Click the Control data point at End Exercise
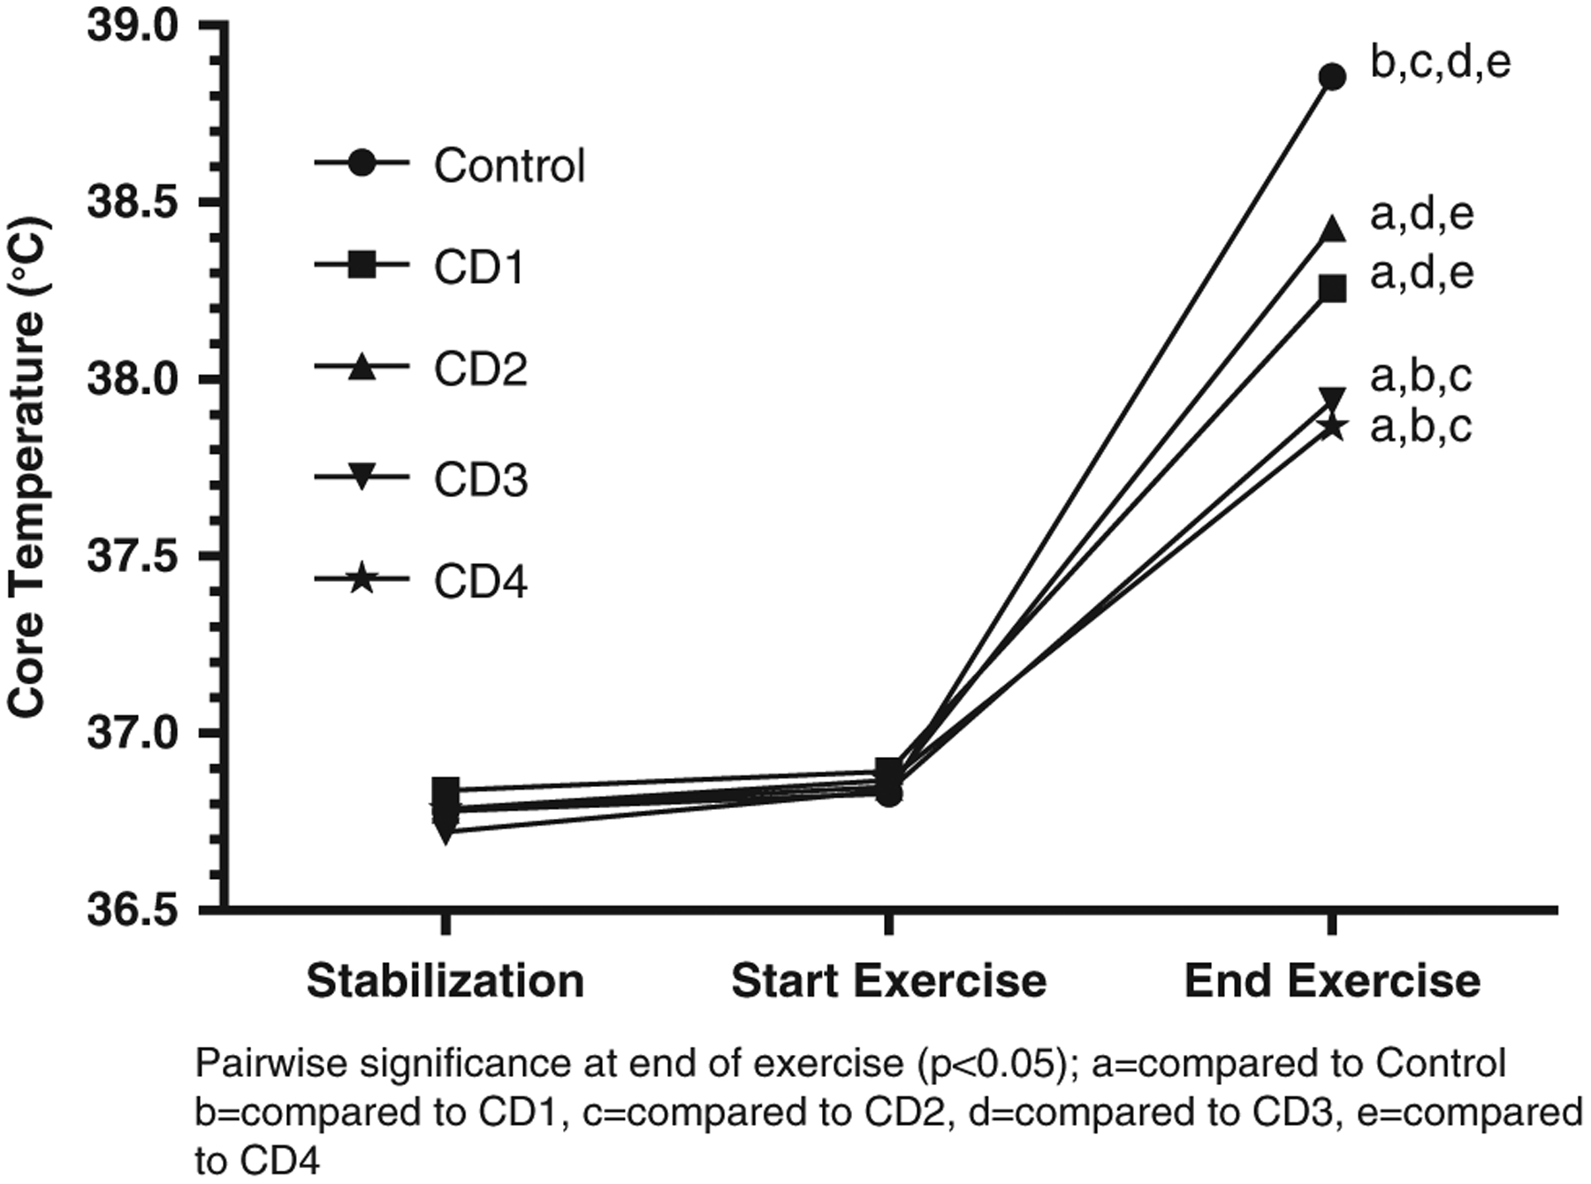coord(1331,77)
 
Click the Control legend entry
coord(509,165)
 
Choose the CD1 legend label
coord(480,266)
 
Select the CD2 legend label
coord(480,369)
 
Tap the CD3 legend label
coord(480,479)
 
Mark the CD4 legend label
coord(480,582)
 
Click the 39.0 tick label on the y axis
coord(131,27)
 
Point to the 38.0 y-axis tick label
coord(131,380)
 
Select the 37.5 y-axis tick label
coord(131,557)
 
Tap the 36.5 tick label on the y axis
coord(131,911)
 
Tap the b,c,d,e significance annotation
coord(1440,63)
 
